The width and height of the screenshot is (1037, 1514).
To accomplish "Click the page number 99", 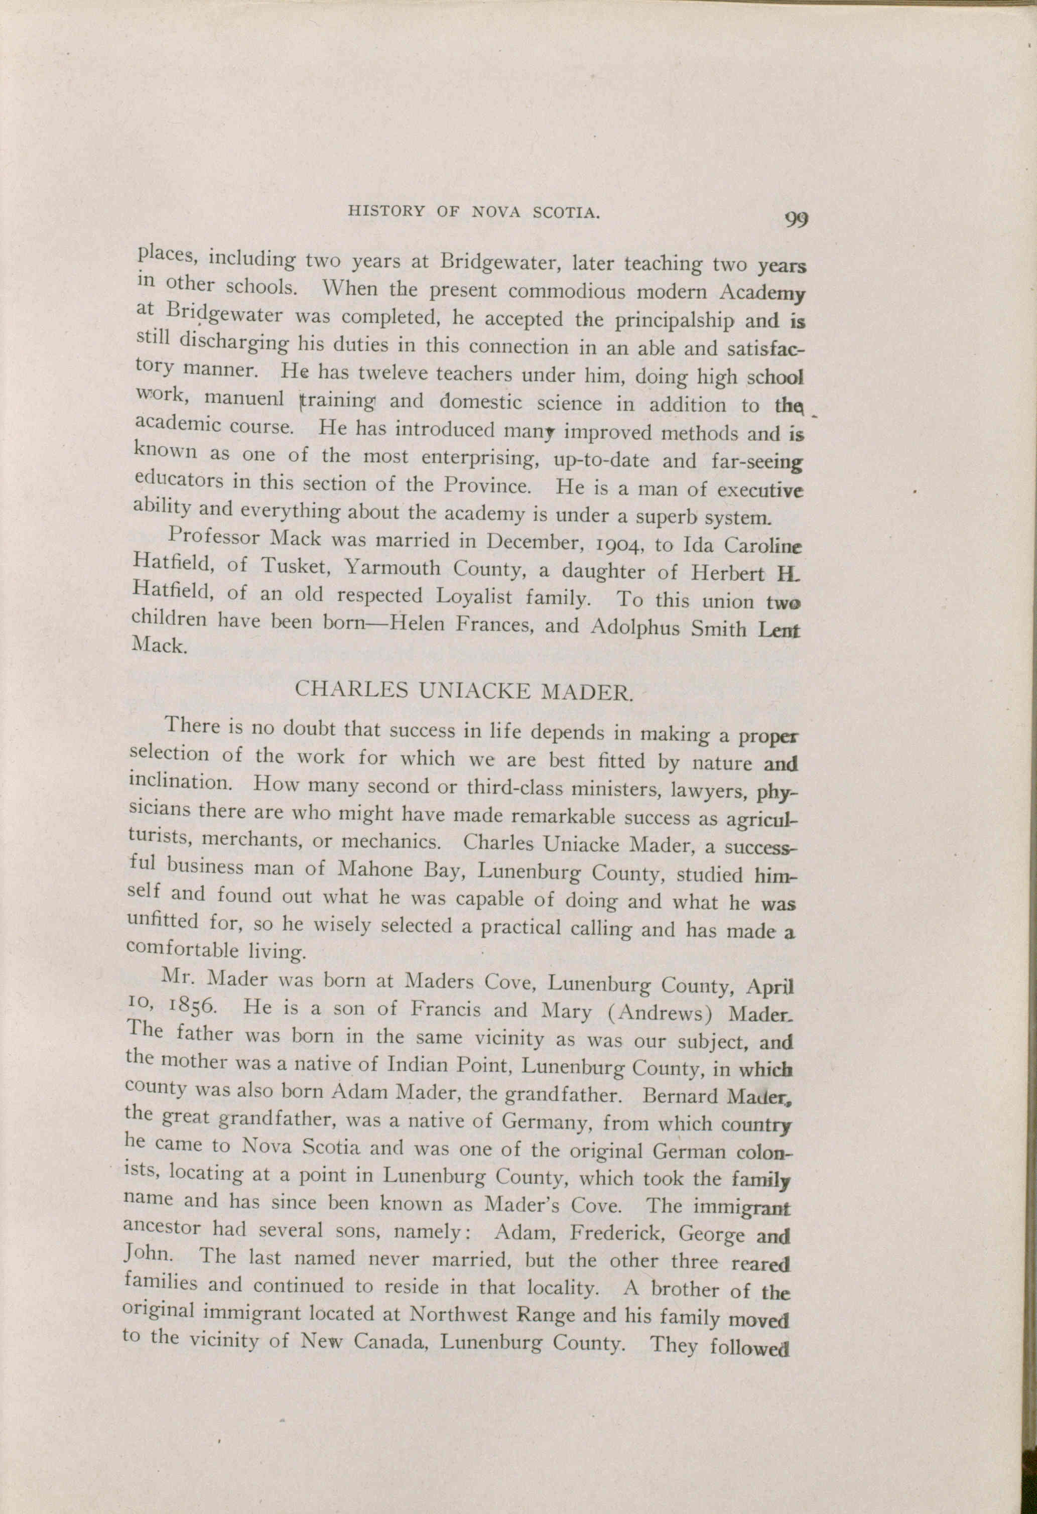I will click(796, 219).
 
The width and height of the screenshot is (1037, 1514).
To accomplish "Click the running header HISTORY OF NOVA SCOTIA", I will click(473, 211).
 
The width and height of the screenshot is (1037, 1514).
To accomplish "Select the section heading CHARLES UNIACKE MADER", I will click(464, 690).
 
